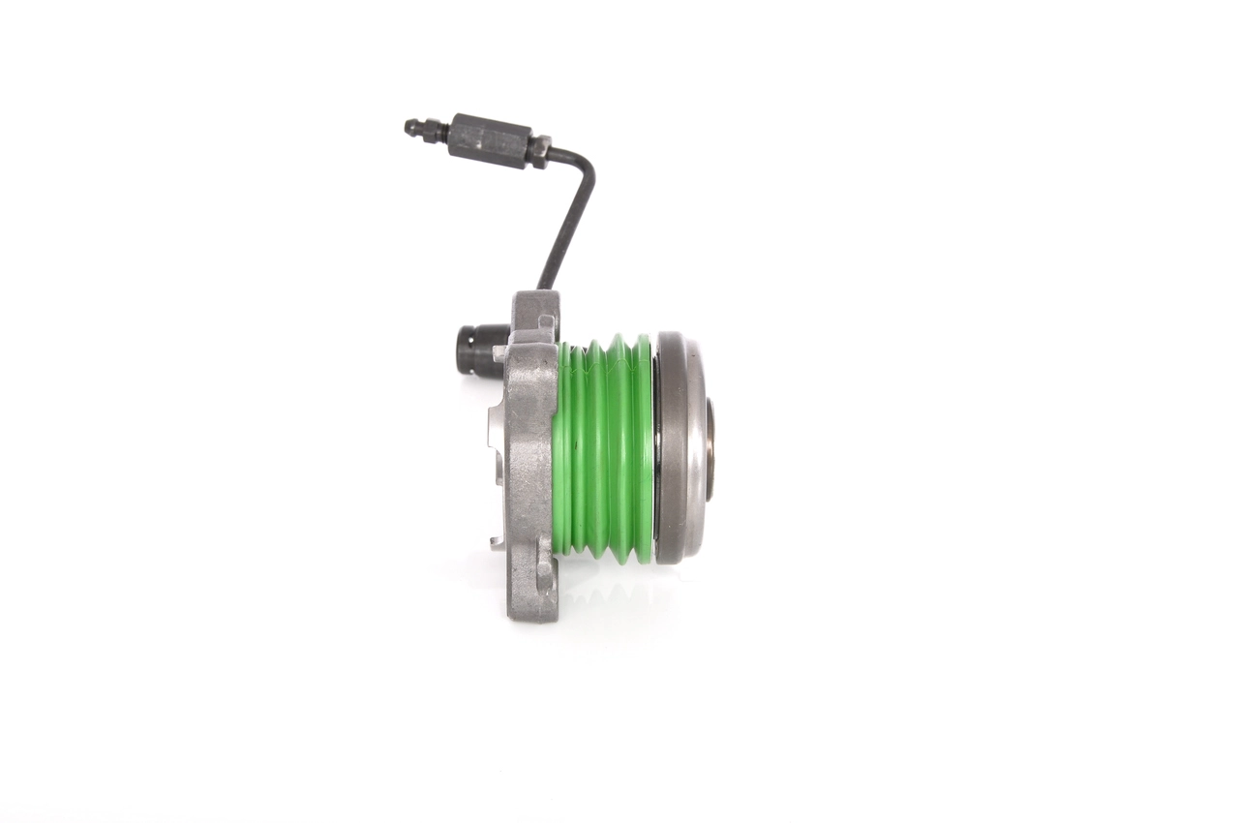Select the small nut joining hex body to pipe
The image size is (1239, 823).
(x=539, y=151)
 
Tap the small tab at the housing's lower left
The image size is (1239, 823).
(x=497, y=541)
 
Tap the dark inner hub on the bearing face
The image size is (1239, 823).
(x=710, y=448)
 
